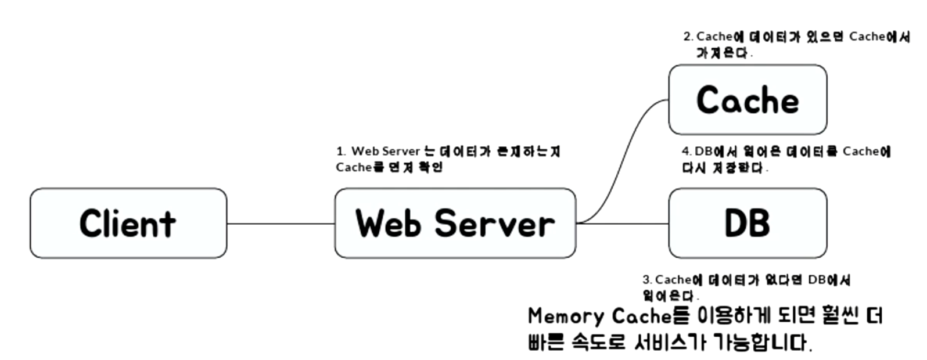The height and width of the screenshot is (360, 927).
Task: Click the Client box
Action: click(128, 223)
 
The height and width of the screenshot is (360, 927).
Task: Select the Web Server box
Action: click(455, 223)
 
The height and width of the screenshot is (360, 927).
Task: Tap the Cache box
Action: click(748, 100)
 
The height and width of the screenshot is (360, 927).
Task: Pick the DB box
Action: click(748, 223)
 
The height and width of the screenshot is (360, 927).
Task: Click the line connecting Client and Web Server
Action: click(281, 223)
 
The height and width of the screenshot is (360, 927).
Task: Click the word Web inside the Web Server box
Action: click(388, 224)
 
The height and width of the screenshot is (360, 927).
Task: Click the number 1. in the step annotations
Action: click(340, 152)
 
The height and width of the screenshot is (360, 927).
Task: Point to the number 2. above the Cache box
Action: click(688, 37)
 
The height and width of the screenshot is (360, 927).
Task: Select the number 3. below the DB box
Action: click(647, 280)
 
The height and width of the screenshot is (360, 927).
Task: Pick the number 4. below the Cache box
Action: click(686, 152)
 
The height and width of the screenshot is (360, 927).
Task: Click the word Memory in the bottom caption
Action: click(566, 316)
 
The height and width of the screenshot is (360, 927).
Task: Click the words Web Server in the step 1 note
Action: click(385, 152)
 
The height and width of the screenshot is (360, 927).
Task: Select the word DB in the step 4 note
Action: click(703, 152)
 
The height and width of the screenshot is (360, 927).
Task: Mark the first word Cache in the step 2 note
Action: click(714, 37)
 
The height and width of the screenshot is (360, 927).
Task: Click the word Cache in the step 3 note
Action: click(673, 280)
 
